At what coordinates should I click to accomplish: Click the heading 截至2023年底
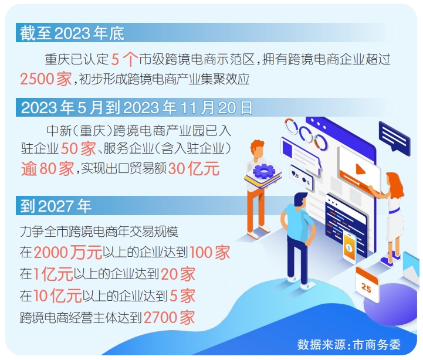coord(72,33)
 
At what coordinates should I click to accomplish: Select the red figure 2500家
coord(46,79)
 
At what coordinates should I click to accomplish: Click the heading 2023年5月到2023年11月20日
coord(137,108)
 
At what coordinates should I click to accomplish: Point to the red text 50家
coord(79,148)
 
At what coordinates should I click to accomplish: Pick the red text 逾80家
coord(48,168)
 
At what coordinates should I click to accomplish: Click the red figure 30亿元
coord(194,168)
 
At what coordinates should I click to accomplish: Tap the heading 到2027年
coord(56,206)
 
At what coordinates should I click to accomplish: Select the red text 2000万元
coord(68,252)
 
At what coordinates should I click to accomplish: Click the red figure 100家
coord(209,252)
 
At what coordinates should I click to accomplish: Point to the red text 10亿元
coord(57,296)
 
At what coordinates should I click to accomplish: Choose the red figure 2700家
coord(169,317)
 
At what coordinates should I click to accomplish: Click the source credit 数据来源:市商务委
coord(349,344)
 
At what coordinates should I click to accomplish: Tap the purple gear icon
coord(264,171)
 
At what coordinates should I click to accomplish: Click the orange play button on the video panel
coord(360,169)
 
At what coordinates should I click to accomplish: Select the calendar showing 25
coord(367,284)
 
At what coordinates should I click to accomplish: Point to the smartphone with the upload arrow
coord(350,247)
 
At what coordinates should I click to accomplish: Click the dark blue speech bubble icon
coord(394,136)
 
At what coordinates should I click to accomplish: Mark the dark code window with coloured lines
coord(346,225)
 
